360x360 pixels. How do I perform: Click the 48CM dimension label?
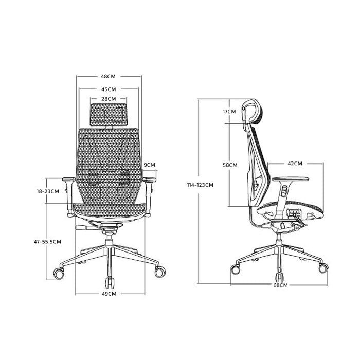point(108,76)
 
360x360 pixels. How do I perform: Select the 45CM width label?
point(109,89)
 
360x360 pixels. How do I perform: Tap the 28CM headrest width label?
point(109,99)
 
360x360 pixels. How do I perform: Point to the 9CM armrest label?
point(149,165)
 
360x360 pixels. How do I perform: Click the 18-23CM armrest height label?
point(48,191)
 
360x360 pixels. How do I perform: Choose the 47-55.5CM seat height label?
point(47,242)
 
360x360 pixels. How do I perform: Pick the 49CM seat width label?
point(109,294)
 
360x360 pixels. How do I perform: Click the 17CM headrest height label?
point(229,112)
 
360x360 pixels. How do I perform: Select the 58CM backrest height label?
point(230,165)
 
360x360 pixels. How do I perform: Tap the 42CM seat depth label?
point(295,164)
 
